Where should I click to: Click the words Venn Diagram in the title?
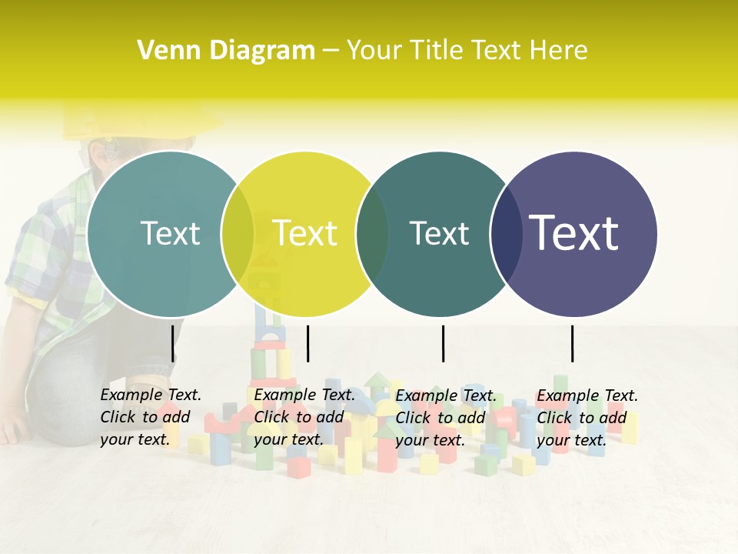(226, 51)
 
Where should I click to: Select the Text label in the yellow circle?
(304, 233)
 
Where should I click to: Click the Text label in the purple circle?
(574, 233)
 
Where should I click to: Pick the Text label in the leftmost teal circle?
(170, 233)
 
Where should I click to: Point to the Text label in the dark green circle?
(439, 233)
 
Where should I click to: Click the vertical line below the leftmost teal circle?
(172, 343)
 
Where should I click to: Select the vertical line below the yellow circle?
(307, 343)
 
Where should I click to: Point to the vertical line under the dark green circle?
(443, 343)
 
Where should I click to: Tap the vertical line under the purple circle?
(572, 343)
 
